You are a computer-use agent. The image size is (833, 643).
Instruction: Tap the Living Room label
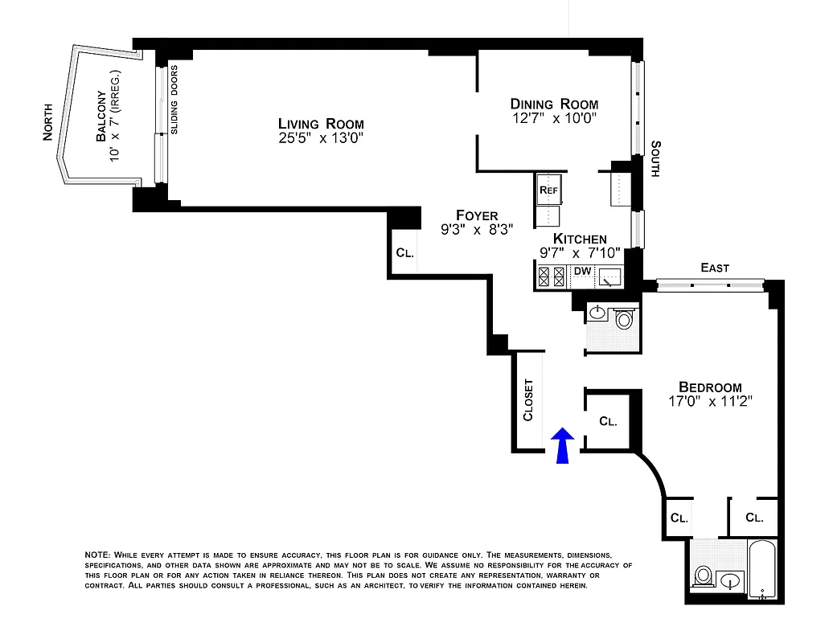point(321,124)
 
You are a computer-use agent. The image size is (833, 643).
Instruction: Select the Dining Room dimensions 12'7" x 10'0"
point(554,118)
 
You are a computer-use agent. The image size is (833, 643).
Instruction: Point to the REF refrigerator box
point(548,190)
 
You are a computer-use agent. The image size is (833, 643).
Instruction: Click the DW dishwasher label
point(581,271)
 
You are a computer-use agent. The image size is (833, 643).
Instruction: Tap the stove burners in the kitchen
point(552,277)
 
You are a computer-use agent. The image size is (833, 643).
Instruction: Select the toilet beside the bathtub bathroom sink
point(704,575)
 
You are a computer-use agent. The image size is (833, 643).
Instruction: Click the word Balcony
point(101,117)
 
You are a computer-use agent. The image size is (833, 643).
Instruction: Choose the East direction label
point(714,268)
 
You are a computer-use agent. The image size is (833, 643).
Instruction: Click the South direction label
point(656,159)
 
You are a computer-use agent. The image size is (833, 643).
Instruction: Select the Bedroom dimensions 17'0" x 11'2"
point(709,400)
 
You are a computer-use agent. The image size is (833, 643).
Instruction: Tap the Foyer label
point(477,215)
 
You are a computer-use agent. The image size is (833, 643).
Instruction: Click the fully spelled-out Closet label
point(528,399)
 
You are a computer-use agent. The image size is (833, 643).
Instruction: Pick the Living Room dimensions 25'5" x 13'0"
point(321,137)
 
